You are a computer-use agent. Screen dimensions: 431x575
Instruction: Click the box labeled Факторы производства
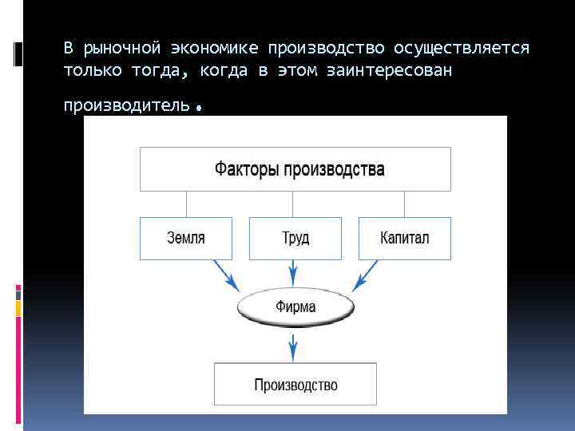coord(295,169)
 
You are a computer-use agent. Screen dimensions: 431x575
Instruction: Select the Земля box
coord(186,238)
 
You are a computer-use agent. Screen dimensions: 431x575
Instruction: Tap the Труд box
coord(295,238)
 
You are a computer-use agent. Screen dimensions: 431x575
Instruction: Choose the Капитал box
coord(405,238)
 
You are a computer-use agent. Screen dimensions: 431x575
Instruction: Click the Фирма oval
coord(295,306)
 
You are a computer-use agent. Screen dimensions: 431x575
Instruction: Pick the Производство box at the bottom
coord(295,385)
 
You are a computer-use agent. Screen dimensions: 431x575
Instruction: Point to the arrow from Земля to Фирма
coord(225,276)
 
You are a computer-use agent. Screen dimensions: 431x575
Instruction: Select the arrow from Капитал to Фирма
coord(367,276)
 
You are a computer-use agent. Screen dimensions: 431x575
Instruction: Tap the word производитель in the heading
coord(126,105)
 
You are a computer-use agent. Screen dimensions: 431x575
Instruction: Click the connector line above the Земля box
coord(186,204)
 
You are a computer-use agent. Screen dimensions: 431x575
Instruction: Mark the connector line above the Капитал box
coord(405,204)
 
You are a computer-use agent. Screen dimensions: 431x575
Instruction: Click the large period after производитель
coord(196,107)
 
